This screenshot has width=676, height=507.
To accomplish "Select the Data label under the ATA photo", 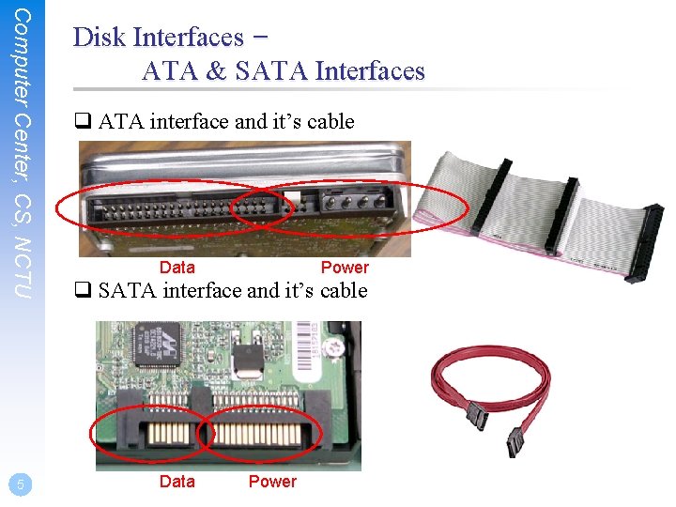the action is [177, 268].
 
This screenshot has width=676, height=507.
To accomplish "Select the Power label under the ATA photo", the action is [345, 268].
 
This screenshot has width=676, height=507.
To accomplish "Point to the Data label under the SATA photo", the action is [177, 482].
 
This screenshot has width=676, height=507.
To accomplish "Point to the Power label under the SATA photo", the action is [272, 482].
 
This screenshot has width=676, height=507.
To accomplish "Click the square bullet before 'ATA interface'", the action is [82, 121].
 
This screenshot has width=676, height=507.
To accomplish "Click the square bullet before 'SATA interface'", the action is [82, 291].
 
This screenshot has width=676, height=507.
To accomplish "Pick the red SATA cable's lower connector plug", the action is [515, 440].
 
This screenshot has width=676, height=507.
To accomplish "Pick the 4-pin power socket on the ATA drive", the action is [349, 202].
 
